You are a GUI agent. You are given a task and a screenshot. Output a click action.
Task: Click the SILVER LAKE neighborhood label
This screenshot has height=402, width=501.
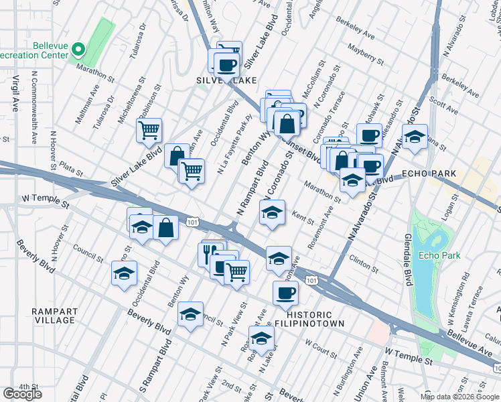click(226, 80)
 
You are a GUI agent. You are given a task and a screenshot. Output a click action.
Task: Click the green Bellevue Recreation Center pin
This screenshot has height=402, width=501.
click(78, 49)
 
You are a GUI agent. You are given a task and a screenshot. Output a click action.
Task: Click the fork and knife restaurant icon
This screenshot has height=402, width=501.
click(210, 252)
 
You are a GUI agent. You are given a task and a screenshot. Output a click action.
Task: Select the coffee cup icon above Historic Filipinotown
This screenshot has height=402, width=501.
click(285, 292)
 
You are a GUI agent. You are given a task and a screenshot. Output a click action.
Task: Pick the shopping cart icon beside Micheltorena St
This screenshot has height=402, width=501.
click(149, 129)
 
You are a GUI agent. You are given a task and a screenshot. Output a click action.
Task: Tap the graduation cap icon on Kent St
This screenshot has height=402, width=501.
click(272, 212)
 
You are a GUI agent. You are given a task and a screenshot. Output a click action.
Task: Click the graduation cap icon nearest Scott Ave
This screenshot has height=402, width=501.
click(415, 137)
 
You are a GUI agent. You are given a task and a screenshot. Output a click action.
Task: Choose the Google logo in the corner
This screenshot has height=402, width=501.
click(22, 394)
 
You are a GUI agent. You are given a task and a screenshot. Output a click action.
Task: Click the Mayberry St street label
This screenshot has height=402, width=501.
click(366, 54)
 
